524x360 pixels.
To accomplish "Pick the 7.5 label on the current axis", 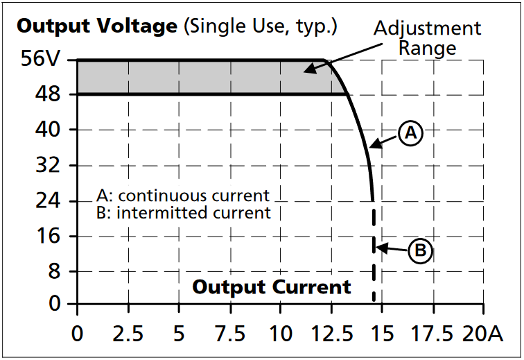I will click(x=229, y=334).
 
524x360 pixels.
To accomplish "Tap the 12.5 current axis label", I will click(x=331, y=334).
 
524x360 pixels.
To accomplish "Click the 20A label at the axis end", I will click(x=482, y=334).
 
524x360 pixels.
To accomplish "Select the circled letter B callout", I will click(x=420, y=250).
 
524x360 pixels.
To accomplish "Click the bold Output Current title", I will click(x=272, y=286).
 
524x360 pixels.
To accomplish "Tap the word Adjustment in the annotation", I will click(x=427, y=28).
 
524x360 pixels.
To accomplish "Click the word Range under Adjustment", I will click(x=427, y=48).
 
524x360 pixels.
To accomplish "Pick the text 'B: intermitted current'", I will click(x=184, y=212).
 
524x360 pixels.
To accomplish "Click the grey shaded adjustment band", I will click(x=201, y=77).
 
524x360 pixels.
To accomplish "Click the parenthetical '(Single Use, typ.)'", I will click(x=261, y=27).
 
